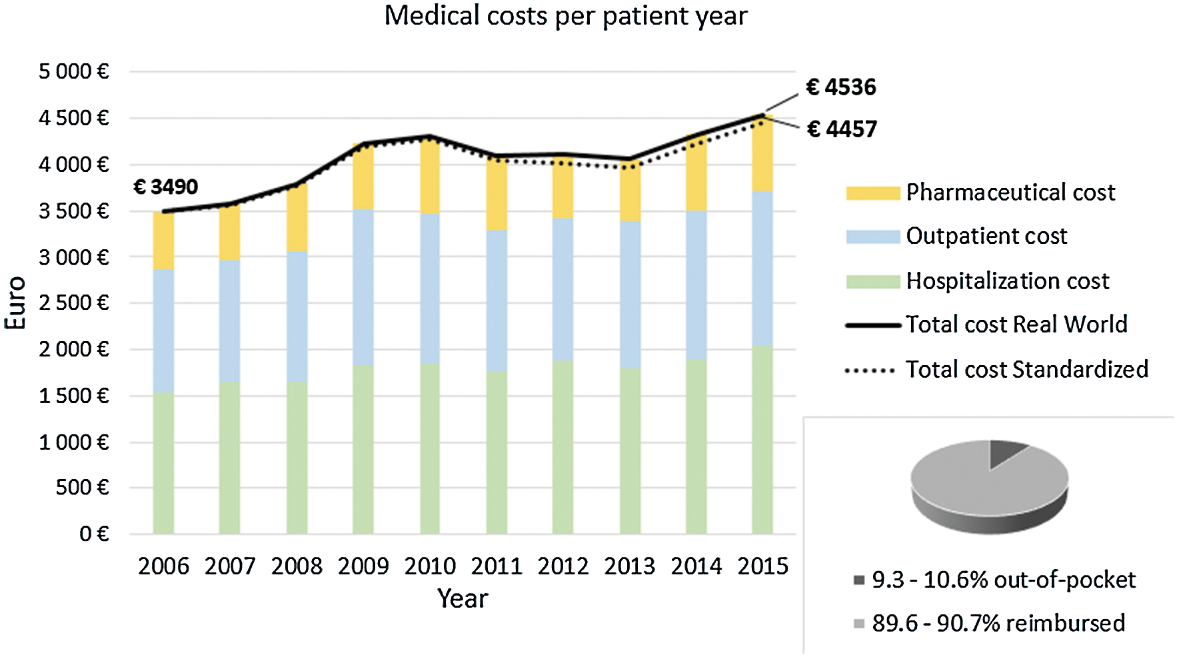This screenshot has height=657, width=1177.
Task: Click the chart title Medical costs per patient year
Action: (x=566, y=16)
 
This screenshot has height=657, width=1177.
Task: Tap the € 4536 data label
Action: (x=840, y=87)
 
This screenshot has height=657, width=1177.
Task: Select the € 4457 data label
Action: (x=841, y=129)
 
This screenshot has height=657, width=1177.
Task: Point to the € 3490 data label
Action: (x=165, y=187)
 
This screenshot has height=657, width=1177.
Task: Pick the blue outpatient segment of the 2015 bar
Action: (x=762, y=268)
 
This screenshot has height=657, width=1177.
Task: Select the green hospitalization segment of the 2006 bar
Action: (x=163, y=462)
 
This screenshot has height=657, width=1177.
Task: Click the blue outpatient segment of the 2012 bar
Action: (x=563, y=289)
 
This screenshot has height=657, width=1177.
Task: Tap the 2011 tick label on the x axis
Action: (x=497, y=566)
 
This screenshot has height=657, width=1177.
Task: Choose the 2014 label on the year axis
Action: (x=696, y=566)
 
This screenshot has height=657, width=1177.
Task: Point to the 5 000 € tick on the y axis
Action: (x=73, y=71)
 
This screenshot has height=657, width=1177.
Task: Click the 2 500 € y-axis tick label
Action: (x=73, y=303)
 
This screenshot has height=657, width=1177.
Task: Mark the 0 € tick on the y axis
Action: (x=94, y=534)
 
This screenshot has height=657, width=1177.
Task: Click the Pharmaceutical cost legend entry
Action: (x=1010, y=193)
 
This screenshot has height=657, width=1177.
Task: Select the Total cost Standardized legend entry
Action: (x=1026, y=369)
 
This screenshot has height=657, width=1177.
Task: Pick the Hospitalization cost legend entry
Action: (x=1007, y=281)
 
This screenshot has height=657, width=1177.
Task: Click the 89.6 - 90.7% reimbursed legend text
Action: (x=998, y=624)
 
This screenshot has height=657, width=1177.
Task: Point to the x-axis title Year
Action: (x=463, y=598)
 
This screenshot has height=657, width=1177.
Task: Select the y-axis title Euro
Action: (x=16, y=303)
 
